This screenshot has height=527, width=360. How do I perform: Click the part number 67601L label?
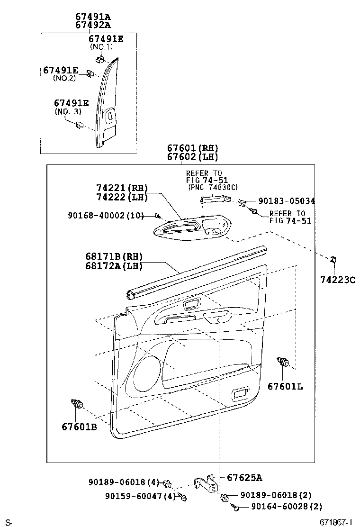click(285, 386)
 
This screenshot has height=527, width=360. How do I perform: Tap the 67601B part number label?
click(79, 427)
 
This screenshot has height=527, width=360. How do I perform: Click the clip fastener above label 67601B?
click(76, 404)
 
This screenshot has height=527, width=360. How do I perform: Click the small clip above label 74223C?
click(333, 259)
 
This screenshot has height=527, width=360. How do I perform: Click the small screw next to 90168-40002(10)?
click(157, 216)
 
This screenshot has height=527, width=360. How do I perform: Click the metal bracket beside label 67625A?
click(207, 484)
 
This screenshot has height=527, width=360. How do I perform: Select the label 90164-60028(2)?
click(281, 507)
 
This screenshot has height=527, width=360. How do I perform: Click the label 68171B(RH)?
click(114, 256)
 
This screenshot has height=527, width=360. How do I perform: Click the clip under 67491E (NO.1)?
click(100, 59)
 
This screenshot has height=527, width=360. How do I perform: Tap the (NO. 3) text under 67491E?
click(68, 111)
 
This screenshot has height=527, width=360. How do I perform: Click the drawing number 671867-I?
click(336, 522)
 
